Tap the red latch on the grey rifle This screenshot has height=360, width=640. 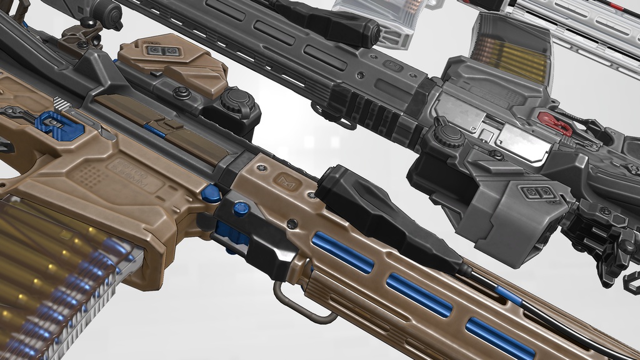click(554, 124)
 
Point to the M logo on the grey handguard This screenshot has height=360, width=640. click(394, 65)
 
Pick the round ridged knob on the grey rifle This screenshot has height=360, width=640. click(449, 136)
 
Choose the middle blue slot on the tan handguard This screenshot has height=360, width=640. click(418, 293)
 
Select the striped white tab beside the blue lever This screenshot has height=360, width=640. click(61, 103)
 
